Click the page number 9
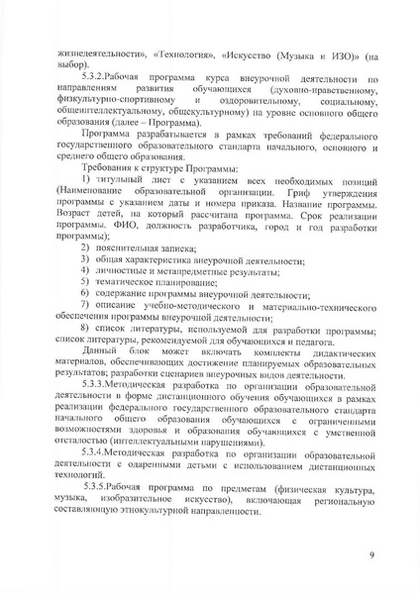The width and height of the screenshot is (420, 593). click(x=371, y=555)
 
